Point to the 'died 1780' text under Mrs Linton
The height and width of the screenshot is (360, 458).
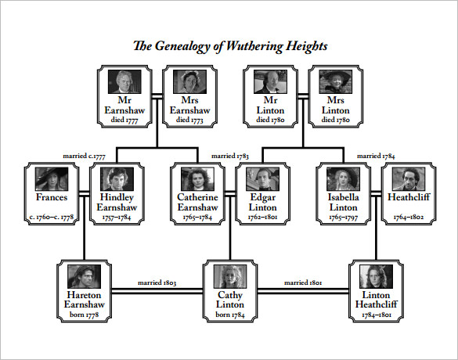(335, 121)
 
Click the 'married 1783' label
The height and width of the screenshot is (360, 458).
(230, 156)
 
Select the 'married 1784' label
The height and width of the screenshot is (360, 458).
(376, 156)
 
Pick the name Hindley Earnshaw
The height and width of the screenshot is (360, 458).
(116, 202)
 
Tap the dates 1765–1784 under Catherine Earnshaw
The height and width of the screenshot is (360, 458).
(199, 217)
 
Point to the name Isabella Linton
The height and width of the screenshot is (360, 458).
(343, 202)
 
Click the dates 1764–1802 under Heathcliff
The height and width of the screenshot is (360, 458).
(408, 217)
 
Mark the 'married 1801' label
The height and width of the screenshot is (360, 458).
(303, 282)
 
